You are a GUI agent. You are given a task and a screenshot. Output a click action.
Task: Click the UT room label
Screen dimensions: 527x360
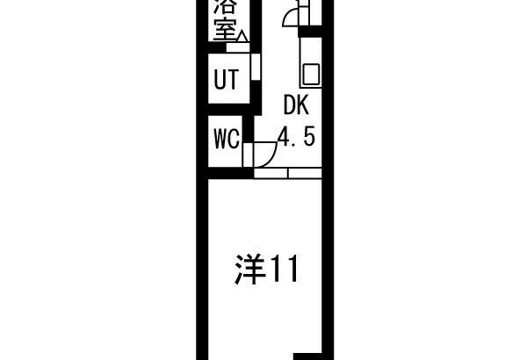tap(227, 79)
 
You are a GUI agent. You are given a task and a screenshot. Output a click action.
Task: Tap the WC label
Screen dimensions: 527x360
tap(227, 139)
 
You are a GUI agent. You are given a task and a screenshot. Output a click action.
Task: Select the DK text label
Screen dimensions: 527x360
tap(296, 105)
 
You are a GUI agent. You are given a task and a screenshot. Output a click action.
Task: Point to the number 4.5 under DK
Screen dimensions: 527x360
tap(298, 137)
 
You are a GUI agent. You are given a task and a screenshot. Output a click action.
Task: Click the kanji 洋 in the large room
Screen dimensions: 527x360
tap(249, 270)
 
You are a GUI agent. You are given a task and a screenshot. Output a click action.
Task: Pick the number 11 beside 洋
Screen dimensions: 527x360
tap(285, 269)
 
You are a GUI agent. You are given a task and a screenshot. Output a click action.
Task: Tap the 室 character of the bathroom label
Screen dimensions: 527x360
tap(225, 29)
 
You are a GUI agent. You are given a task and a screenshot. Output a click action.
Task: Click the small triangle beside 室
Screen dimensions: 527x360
tap(242, 36)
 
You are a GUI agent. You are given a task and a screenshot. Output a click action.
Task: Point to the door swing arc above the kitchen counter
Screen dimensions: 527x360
tap(289, 16)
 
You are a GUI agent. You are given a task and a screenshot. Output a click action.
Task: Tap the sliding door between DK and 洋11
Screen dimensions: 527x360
tap(288, 173)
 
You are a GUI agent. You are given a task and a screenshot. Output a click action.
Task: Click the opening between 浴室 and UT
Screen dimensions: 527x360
tap(238, 47)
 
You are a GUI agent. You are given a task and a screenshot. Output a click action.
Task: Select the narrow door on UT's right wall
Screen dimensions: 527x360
tap(256, 67)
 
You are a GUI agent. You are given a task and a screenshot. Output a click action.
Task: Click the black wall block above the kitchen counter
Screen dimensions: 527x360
tap(310, 32)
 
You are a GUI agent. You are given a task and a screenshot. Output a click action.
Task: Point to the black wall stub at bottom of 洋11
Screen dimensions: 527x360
tap(308, 356)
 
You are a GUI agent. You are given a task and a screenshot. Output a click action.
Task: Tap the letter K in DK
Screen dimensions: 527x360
tap(302, 105)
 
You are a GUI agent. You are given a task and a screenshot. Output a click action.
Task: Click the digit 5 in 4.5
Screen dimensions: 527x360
tap(310, 137)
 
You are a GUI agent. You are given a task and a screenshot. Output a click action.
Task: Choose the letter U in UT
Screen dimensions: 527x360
tap(220, 79)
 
